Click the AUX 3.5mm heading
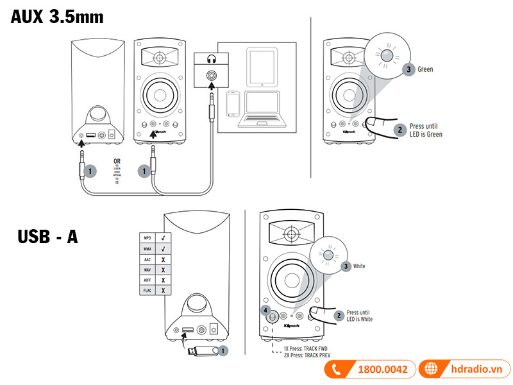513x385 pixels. (x=57, y=17)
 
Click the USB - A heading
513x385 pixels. (x=48, y=236)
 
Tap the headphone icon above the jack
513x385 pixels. (x=210, y=62)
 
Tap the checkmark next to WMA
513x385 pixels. (x=164, y=247)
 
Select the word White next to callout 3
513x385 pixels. (x=359, y=266)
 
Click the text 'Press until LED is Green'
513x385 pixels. (x=426, y=130)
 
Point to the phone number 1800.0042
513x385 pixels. (x=383, y=370)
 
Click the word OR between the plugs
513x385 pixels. (x=117, y=161)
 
